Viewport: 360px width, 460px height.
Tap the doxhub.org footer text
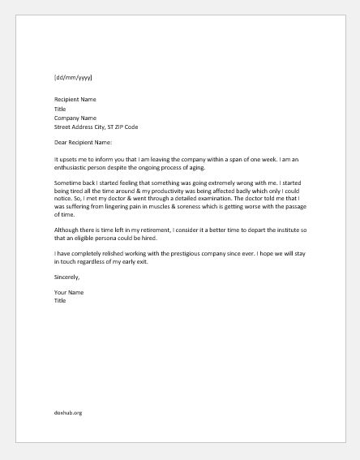[x=68, y=413]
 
